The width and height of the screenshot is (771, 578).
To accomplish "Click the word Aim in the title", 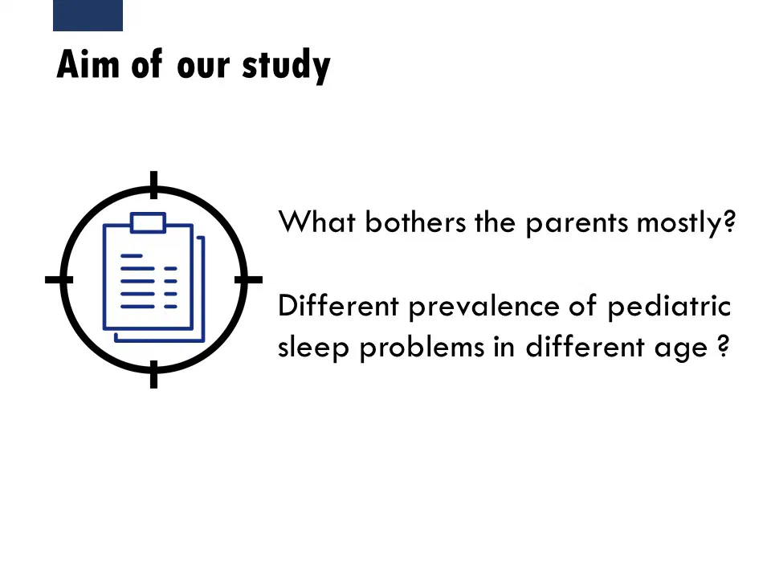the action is [x=88, y=64].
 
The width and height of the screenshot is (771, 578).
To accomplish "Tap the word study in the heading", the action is [x=286, y=67].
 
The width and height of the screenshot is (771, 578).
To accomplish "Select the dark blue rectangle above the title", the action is [x=88, y=15].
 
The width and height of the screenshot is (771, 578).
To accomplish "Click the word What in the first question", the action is [x=316, y=222].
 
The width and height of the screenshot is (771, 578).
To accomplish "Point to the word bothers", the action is [x=415, y=222].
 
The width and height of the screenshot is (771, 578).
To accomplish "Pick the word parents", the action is [x=577, y=224].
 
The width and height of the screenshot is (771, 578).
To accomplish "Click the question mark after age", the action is [x=723, y=346].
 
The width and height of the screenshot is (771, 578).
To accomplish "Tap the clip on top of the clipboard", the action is [x=148, y=222].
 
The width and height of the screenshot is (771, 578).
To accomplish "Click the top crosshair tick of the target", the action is [x=154, y=185].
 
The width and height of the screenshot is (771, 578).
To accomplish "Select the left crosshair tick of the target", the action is [x=59, y=279].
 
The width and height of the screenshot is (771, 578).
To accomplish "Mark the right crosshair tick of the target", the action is [x=248, y=279].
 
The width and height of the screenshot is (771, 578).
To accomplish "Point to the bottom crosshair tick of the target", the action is [x=154, y=374].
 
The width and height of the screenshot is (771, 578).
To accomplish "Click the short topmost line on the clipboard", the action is [x=131, y=256].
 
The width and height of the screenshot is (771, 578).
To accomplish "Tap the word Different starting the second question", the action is [x=338, y=306].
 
